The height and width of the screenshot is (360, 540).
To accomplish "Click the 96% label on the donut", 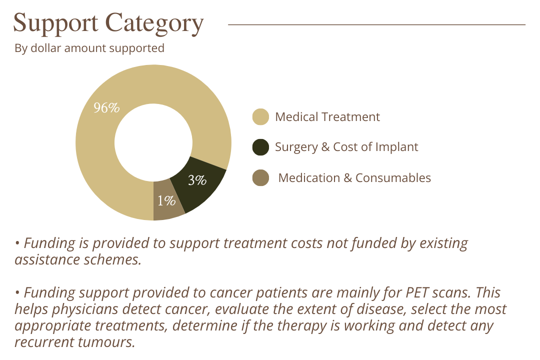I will tap(106, 107).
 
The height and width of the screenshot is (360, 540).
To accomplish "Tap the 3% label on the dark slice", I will tap(197, 180).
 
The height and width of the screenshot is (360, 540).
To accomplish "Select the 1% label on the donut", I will tap(166, 201).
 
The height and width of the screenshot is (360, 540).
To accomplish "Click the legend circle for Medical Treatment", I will tap(260, 117).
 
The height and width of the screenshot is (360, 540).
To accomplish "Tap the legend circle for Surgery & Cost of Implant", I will tap(260, 147).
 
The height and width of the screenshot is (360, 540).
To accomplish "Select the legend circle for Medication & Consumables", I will tap(260, 177).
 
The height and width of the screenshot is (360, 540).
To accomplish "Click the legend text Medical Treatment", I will tap(327, 117).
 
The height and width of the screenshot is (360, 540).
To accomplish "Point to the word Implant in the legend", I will tap(398, 147).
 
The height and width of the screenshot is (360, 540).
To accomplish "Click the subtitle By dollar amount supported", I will tap(89, 48).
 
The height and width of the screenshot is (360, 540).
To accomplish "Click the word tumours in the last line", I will tap(109, 342).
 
